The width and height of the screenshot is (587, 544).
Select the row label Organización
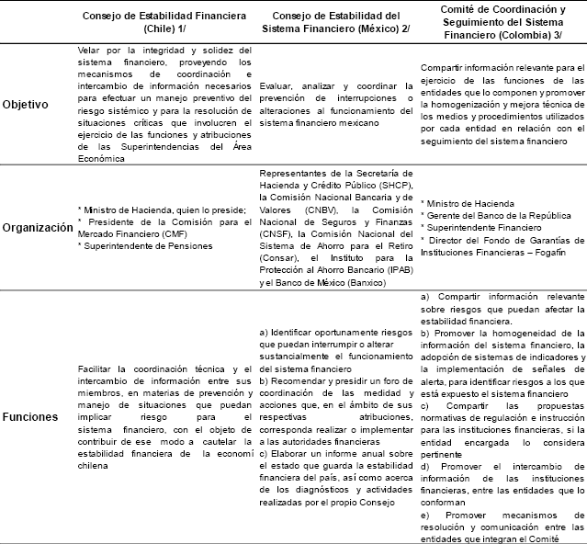36,226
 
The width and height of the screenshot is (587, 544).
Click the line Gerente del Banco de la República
492,215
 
